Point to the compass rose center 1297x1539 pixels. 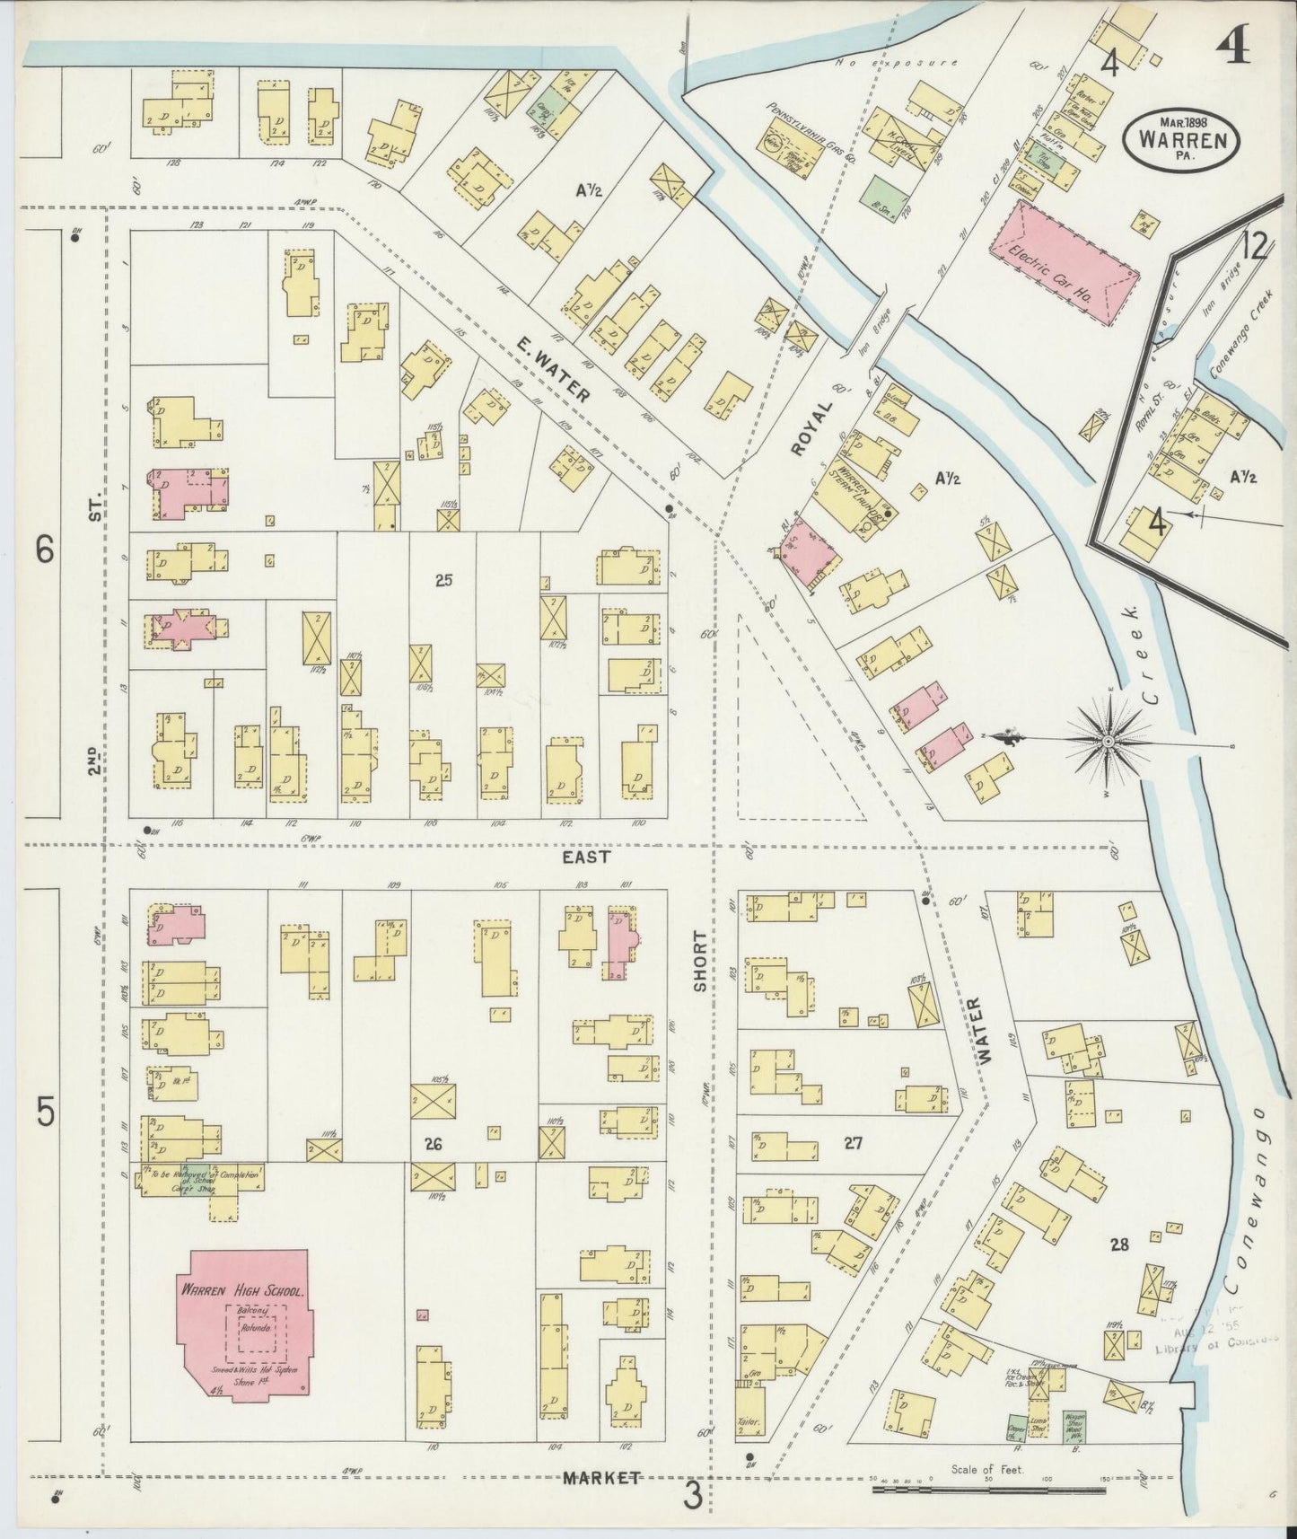click(1108, 741)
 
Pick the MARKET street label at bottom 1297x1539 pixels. click(601, 1477)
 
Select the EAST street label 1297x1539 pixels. click(586, 857)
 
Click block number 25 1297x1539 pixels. click(443, 580)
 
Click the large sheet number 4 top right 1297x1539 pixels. click(1235, 40)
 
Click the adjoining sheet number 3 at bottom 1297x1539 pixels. click(692, 1496)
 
